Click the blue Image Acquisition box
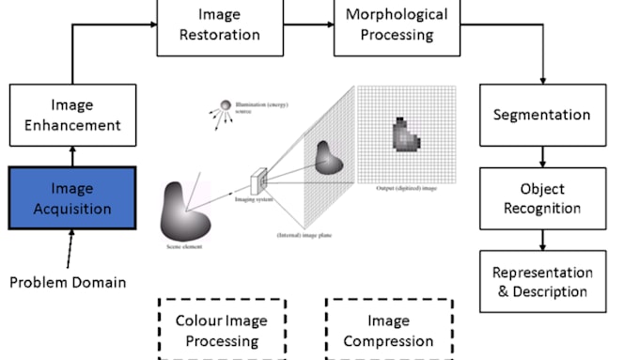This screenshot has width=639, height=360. coord(73,197)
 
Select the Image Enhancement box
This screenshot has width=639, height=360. coord(73,115)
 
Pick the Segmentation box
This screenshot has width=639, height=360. coord(542,115)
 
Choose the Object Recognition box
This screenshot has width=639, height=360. coord(542,197)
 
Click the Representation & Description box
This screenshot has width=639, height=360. coord(542,281)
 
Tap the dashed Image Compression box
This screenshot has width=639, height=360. coord(389,330)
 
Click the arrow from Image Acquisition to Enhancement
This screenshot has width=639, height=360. coord(73,155)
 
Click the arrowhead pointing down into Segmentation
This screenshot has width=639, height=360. coord(542,80)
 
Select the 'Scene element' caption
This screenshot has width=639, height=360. coord(184,246)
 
